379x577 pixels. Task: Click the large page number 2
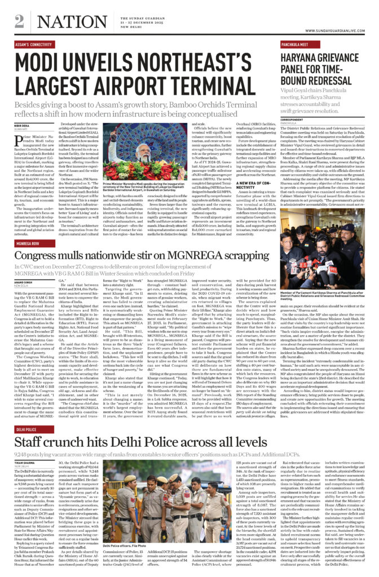click(20, 21)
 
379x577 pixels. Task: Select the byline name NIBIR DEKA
click(23, 125)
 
